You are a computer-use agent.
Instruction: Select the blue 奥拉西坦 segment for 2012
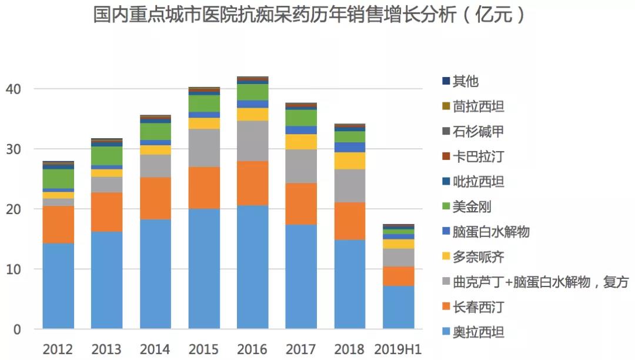click(58, 286)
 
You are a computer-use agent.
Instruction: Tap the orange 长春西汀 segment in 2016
click(252, 183)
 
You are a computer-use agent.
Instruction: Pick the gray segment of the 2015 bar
click(204, 148)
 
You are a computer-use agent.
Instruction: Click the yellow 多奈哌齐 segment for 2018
click(349, 161)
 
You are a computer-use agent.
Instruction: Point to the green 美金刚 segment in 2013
click(106, 156)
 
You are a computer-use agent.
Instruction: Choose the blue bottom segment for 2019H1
click(398, 307)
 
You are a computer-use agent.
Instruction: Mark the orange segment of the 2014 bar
click(155, 198)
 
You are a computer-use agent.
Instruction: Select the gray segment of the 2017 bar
click(300, 166)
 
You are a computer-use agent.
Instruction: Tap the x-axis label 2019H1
click(398, 349)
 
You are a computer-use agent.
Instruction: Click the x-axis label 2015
click(204, 349)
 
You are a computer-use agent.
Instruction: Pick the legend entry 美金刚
click(472, 206)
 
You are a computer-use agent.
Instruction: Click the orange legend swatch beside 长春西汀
click(446, 308)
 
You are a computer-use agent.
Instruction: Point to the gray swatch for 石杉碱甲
click(446, 132)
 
